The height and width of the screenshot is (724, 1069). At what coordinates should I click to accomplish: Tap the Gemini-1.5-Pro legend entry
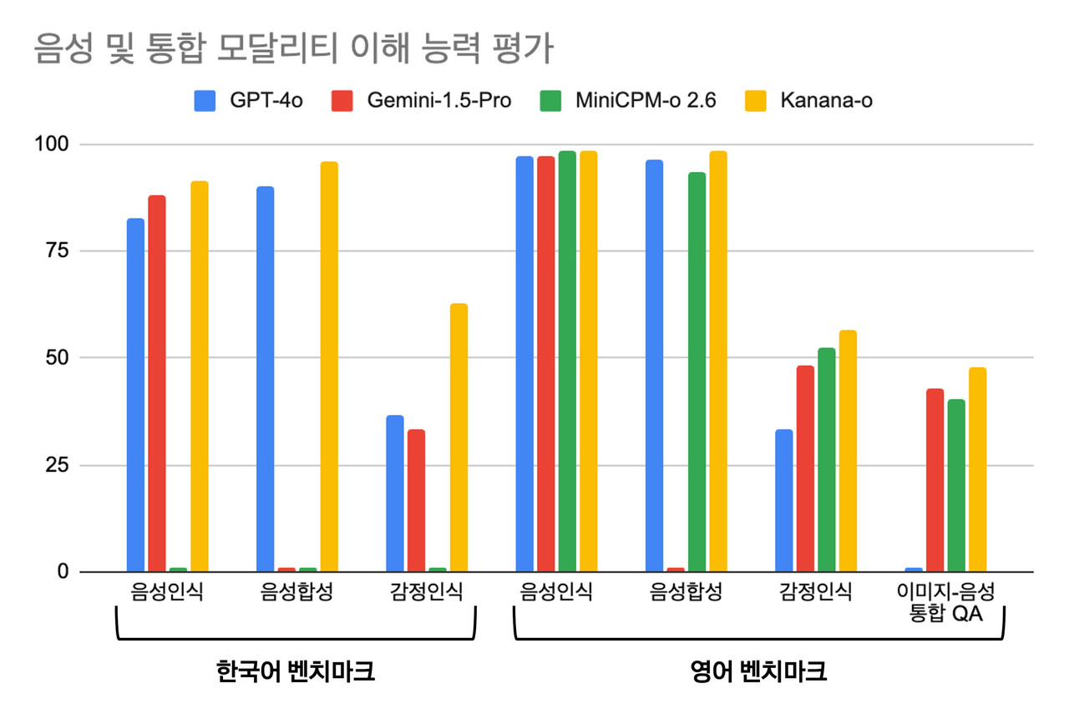pos(422,101)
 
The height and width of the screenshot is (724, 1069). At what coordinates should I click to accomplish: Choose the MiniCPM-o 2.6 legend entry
pos(621,101)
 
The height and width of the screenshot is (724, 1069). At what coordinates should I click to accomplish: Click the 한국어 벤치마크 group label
pos(295,671)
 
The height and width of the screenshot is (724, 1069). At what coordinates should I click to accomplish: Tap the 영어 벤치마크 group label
pos(758,671)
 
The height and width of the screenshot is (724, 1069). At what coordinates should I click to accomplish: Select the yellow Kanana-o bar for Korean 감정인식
pos(459,438)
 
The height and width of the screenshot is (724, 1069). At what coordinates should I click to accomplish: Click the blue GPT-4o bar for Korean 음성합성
pos(265,379)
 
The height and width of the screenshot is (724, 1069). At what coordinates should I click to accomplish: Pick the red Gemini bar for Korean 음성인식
pos(157,383)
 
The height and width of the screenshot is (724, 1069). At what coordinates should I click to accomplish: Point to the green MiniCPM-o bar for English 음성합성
pos(697,372)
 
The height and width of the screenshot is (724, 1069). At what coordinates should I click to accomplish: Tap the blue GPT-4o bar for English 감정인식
pos(783,500)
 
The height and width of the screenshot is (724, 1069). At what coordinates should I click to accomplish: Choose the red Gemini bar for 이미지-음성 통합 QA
pos(935,480)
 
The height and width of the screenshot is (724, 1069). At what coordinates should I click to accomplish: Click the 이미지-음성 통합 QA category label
pos(946,603)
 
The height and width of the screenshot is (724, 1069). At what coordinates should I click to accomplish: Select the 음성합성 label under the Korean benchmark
pos(296,593)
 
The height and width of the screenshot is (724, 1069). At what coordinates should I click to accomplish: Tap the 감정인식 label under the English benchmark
pos(816,593)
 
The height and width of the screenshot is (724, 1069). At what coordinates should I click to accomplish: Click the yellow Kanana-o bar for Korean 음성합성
pos(329,367)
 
